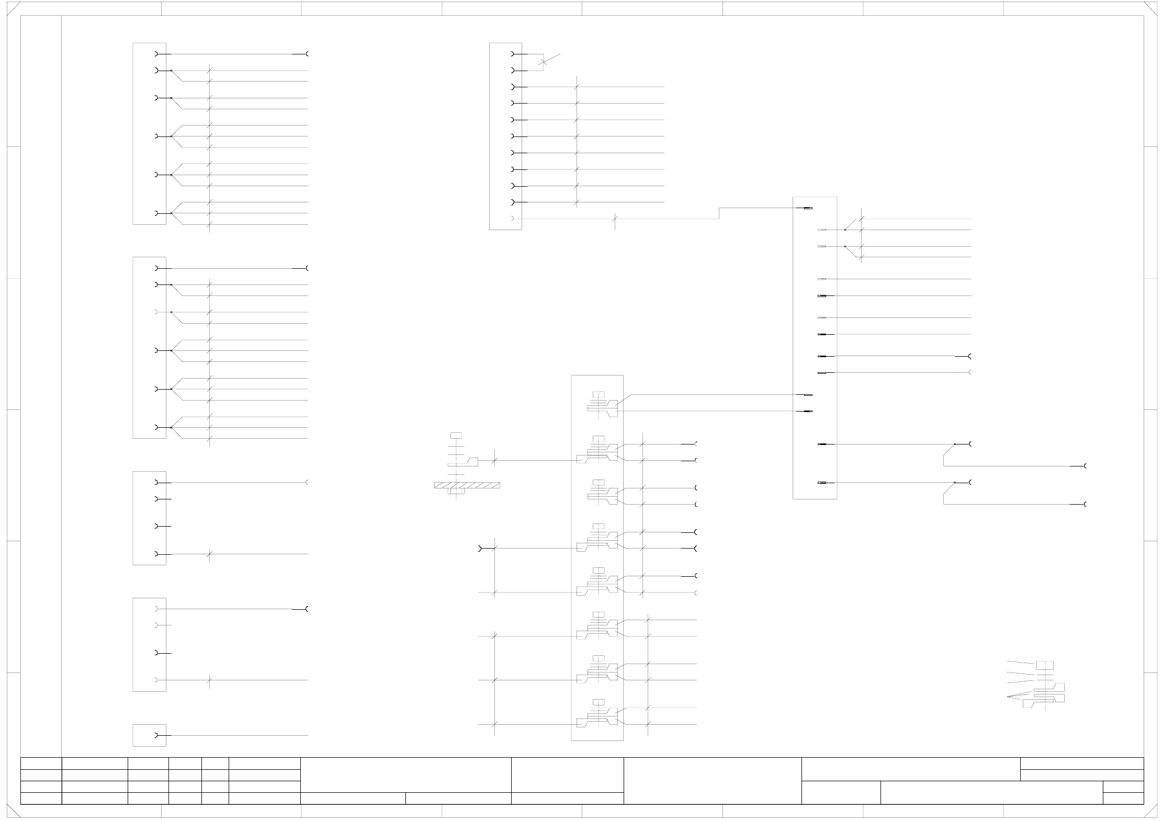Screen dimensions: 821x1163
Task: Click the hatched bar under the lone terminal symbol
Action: coord(467,485)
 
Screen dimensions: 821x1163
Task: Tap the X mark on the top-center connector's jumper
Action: coord(544,62)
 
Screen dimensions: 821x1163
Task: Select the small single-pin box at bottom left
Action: coord(149,735)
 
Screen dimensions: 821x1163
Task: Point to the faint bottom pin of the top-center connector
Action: coord(512,219)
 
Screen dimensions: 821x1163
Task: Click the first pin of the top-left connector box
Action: coord(156,54)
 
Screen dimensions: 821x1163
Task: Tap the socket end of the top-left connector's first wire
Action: coord(307,54)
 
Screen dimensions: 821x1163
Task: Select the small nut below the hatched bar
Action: coord(457,492)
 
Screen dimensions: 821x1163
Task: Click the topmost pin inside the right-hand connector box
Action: coord(807,208)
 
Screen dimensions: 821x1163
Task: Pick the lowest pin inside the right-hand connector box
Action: coord(822,483)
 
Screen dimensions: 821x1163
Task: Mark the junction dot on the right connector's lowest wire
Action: coord(955,482)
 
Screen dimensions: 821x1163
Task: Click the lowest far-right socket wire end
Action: coord(1086,504)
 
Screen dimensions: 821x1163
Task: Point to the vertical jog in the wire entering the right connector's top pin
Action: coord(719,213)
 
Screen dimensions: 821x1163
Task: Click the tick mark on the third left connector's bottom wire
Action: coord(209,554)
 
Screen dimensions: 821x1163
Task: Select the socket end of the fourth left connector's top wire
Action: coord(307,609)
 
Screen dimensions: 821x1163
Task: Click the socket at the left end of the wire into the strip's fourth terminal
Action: coord(480,548)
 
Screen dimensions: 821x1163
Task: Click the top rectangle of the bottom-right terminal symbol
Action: coord(1045,665)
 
